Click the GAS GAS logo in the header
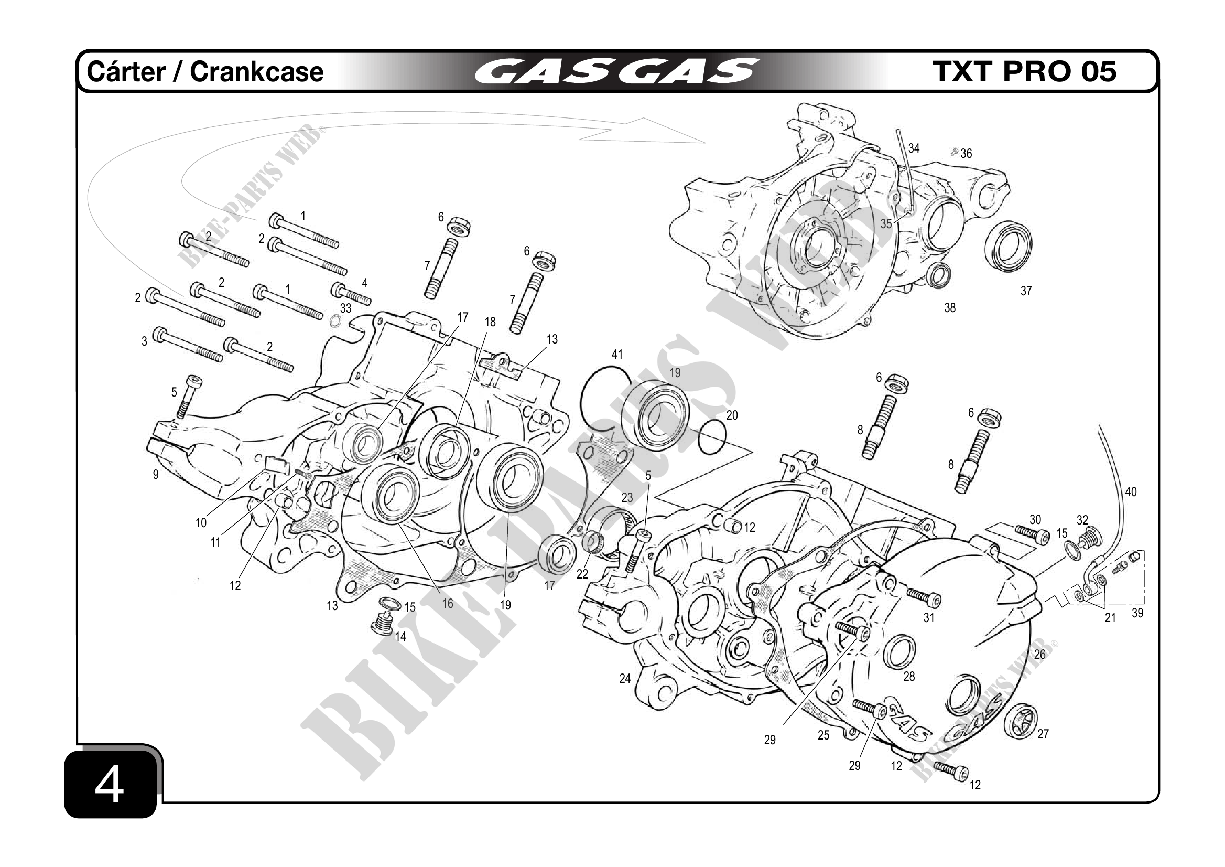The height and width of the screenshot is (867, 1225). pos(616,71)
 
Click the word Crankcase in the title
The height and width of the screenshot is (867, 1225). pos(257,71)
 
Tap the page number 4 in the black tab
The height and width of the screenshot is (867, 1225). pos(110,786)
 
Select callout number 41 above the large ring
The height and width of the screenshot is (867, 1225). pos(617,355)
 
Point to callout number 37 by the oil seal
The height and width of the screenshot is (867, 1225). pos(1025,291)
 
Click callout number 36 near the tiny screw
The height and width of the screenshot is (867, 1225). pos(966,154)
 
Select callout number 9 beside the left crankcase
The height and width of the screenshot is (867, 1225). pos(155,475)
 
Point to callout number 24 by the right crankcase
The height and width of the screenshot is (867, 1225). pos(625,679)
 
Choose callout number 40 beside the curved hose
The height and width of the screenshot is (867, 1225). pos(1131,491)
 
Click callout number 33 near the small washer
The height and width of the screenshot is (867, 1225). pos(346,308)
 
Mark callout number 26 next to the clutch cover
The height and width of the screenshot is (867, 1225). pos(1040,655)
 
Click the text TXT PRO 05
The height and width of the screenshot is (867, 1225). pos(1024,71)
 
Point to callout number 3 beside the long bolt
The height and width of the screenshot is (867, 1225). pos(144,341)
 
